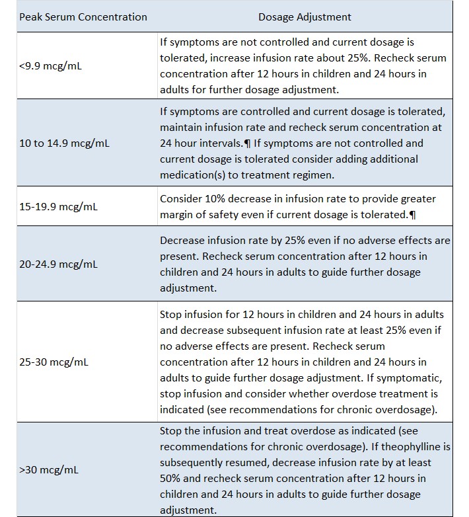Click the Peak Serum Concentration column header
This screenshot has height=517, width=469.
pos(83,17)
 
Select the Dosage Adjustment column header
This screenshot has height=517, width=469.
pos(305,17)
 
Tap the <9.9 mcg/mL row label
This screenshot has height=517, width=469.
pos(50,66)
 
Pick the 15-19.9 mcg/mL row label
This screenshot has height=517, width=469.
pos(58,206)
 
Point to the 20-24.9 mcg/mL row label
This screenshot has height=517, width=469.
pos(58,264)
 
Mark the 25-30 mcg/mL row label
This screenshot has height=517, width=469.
pos(53,362)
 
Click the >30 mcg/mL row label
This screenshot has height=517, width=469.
pos(48,470)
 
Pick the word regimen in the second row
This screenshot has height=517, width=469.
pos(314,175)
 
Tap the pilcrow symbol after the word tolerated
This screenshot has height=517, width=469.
pos(413,215)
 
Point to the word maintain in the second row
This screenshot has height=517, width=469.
pos(182,128)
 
